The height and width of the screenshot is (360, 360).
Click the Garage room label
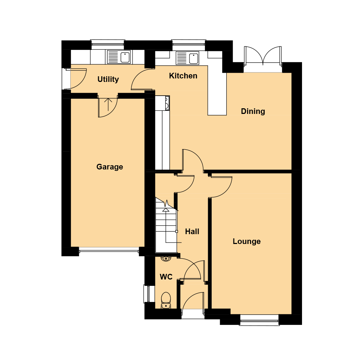[x=110, y=167]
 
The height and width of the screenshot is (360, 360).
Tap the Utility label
[x=108, y=79]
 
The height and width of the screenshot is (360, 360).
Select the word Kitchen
[x=183, y=76]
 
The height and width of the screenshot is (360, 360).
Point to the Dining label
[x=253, y=111]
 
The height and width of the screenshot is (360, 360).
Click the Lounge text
[x=246, y=241]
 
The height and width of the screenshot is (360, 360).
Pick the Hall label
[x=192, y=231]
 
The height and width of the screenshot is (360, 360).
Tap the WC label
[x=166, y=277]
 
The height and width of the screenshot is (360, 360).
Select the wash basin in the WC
[x=166, y=259]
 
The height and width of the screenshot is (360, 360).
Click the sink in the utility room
[x=119, y=57]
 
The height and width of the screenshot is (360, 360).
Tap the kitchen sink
[x=187, y=58]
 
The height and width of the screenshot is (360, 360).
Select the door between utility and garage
[x=108, y=106]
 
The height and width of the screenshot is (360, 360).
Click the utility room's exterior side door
[x=76, y=78]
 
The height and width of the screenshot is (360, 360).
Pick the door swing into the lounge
[x=221, y=186]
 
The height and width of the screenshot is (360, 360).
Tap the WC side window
[x=146, y=294]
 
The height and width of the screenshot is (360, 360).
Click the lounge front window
[x=259, y=320]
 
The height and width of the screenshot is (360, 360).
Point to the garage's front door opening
[x=109, y=250]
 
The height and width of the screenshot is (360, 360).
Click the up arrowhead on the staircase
[x=166, y=210]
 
